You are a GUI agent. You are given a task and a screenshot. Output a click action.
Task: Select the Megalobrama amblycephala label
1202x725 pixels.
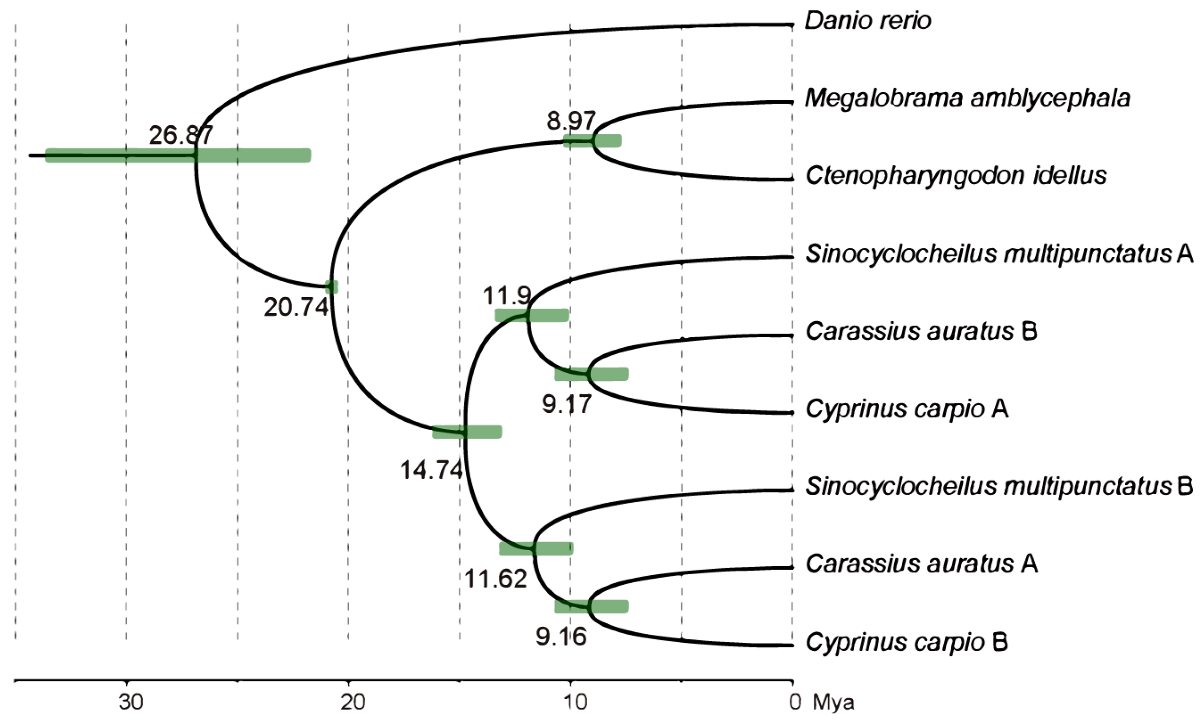point(967,99)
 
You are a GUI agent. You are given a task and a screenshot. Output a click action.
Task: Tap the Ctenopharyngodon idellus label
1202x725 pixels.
point(956,176)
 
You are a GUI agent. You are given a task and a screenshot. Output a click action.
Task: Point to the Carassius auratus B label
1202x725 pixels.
point(921,332)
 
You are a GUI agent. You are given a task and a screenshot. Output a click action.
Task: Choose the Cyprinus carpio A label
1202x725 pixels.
point(907,409)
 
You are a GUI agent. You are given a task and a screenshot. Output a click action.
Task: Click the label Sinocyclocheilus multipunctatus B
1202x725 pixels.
point(999,487)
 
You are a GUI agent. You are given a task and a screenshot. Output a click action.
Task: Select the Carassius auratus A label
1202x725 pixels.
point(921,564)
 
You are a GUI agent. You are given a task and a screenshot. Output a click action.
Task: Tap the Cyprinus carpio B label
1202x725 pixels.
point(907,642)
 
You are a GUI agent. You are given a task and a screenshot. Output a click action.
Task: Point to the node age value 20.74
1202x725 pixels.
point(296,307)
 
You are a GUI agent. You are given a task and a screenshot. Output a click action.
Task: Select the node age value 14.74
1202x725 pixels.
point(431,470)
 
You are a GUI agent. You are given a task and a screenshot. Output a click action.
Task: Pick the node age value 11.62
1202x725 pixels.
point(495,579)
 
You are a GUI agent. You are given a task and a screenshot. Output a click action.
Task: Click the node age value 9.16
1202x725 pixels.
point(561,637)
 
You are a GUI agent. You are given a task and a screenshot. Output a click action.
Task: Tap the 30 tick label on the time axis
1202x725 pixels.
point(131,703)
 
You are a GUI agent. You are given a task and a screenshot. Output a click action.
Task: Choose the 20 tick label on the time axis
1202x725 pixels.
point(353,703)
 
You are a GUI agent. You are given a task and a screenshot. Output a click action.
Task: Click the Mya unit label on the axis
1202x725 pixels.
point(833,703)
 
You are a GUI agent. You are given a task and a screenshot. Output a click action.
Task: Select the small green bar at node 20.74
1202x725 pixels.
point(331,287)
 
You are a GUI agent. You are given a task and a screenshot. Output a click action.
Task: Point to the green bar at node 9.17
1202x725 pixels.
point(592,374)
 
